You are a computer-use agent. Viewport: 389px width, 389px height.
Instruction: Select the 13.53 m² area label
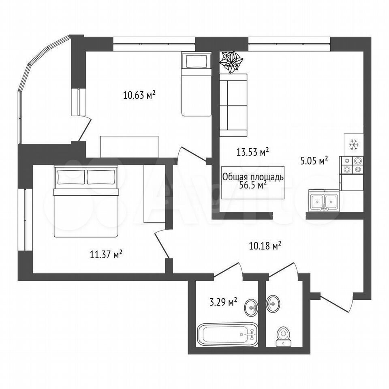tap(252, 152)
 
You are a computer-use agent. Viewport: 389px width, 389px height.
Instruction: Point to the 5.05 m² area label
tap(314, 161)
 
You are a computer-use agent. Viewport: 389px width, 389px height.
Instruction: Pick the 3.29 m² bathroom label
tap(223, 302)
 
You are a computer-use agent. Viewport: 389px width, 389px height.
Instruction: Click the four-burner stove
tap(351, 165)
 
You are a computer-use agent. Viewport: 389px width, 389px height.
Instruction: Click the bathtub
tap(228, 334)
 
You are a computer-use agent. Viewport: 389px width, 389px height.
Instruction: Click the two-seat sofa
tap(233, 105)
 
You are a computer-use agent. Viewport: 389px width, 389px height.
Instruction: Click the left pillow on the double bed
tap(71, 177)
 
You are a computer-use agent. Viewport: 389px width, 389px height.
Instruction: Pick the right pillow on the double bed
tap(101, 177)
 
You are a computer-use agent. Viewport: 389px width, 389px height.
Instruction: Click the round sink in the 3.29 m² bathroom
tap(252, 308)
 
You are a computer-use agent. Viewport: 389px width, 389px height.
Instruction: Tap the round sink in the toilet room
tap(273, 304)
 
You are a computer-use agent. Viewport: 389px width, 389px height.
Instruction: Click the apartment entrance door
tap(336, 303)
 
